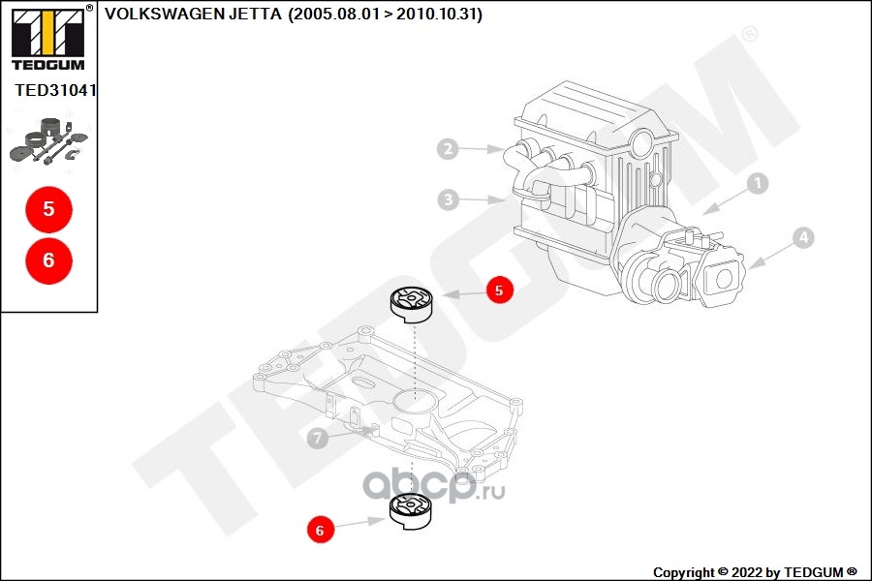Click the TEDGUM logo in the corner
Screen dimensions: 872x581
click(47, 38)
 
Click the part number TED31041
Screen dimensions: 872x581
click(56, 90)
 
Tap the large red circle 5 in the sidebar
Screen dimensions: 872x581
click(49, 209)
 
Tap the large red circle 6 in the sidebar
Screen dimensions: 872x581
click(49, 260)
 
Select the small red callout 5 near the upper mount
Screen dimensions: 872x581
click(500, 290)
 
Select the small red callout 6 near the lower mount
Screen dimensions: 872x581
click(321, 530)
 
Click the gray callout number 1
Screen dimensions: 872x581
click(757, 182)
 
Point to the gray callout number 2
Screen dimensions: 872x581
click(447, 149)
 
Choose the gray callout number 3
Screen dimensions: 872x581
click(447, 200)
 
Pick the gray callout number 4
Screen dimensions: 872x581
click(802, 236)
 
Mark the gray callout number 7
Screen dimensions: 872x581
click(316, 439)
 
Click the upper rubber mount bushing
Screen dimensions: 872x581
click(412, 303)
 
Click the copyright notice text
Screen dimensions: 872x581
click(755, 572)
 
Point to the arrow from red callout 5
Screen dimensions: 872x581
click(463, 292)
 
